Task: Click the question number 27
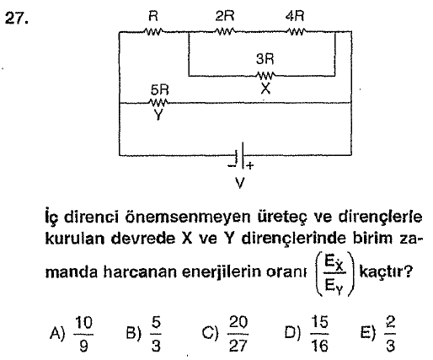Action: pos(17,19)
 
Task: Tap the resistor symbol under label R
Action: pos(153,31)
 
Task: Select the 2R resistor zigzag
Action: pos(225,31)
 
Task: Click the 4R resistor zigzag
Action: pos(297,31)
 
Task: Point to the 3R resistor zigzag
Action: pos(265,75)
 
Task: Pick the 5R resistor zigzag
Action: pos(159,103)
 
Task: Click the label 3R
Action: pos(265,59)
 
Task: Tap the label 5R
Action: pos(159,90)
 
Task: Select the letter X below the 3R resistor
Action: pos(265,89)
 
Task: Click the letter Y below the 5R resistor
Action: pos(158,115)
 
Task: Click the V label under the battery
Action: pos(239,183)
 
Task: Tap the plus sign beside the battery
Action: pos(250,165)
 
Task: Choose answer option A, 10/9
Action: pos(72,334)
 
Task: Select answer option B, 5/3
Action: pos(144,334)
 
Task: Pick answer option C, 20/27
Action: pos(225,334)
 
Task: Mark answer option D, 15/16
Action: pos(307,334)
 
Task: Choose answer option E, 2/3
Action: pos(378,334)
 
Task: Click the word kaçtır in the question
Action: pos(386,271)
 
